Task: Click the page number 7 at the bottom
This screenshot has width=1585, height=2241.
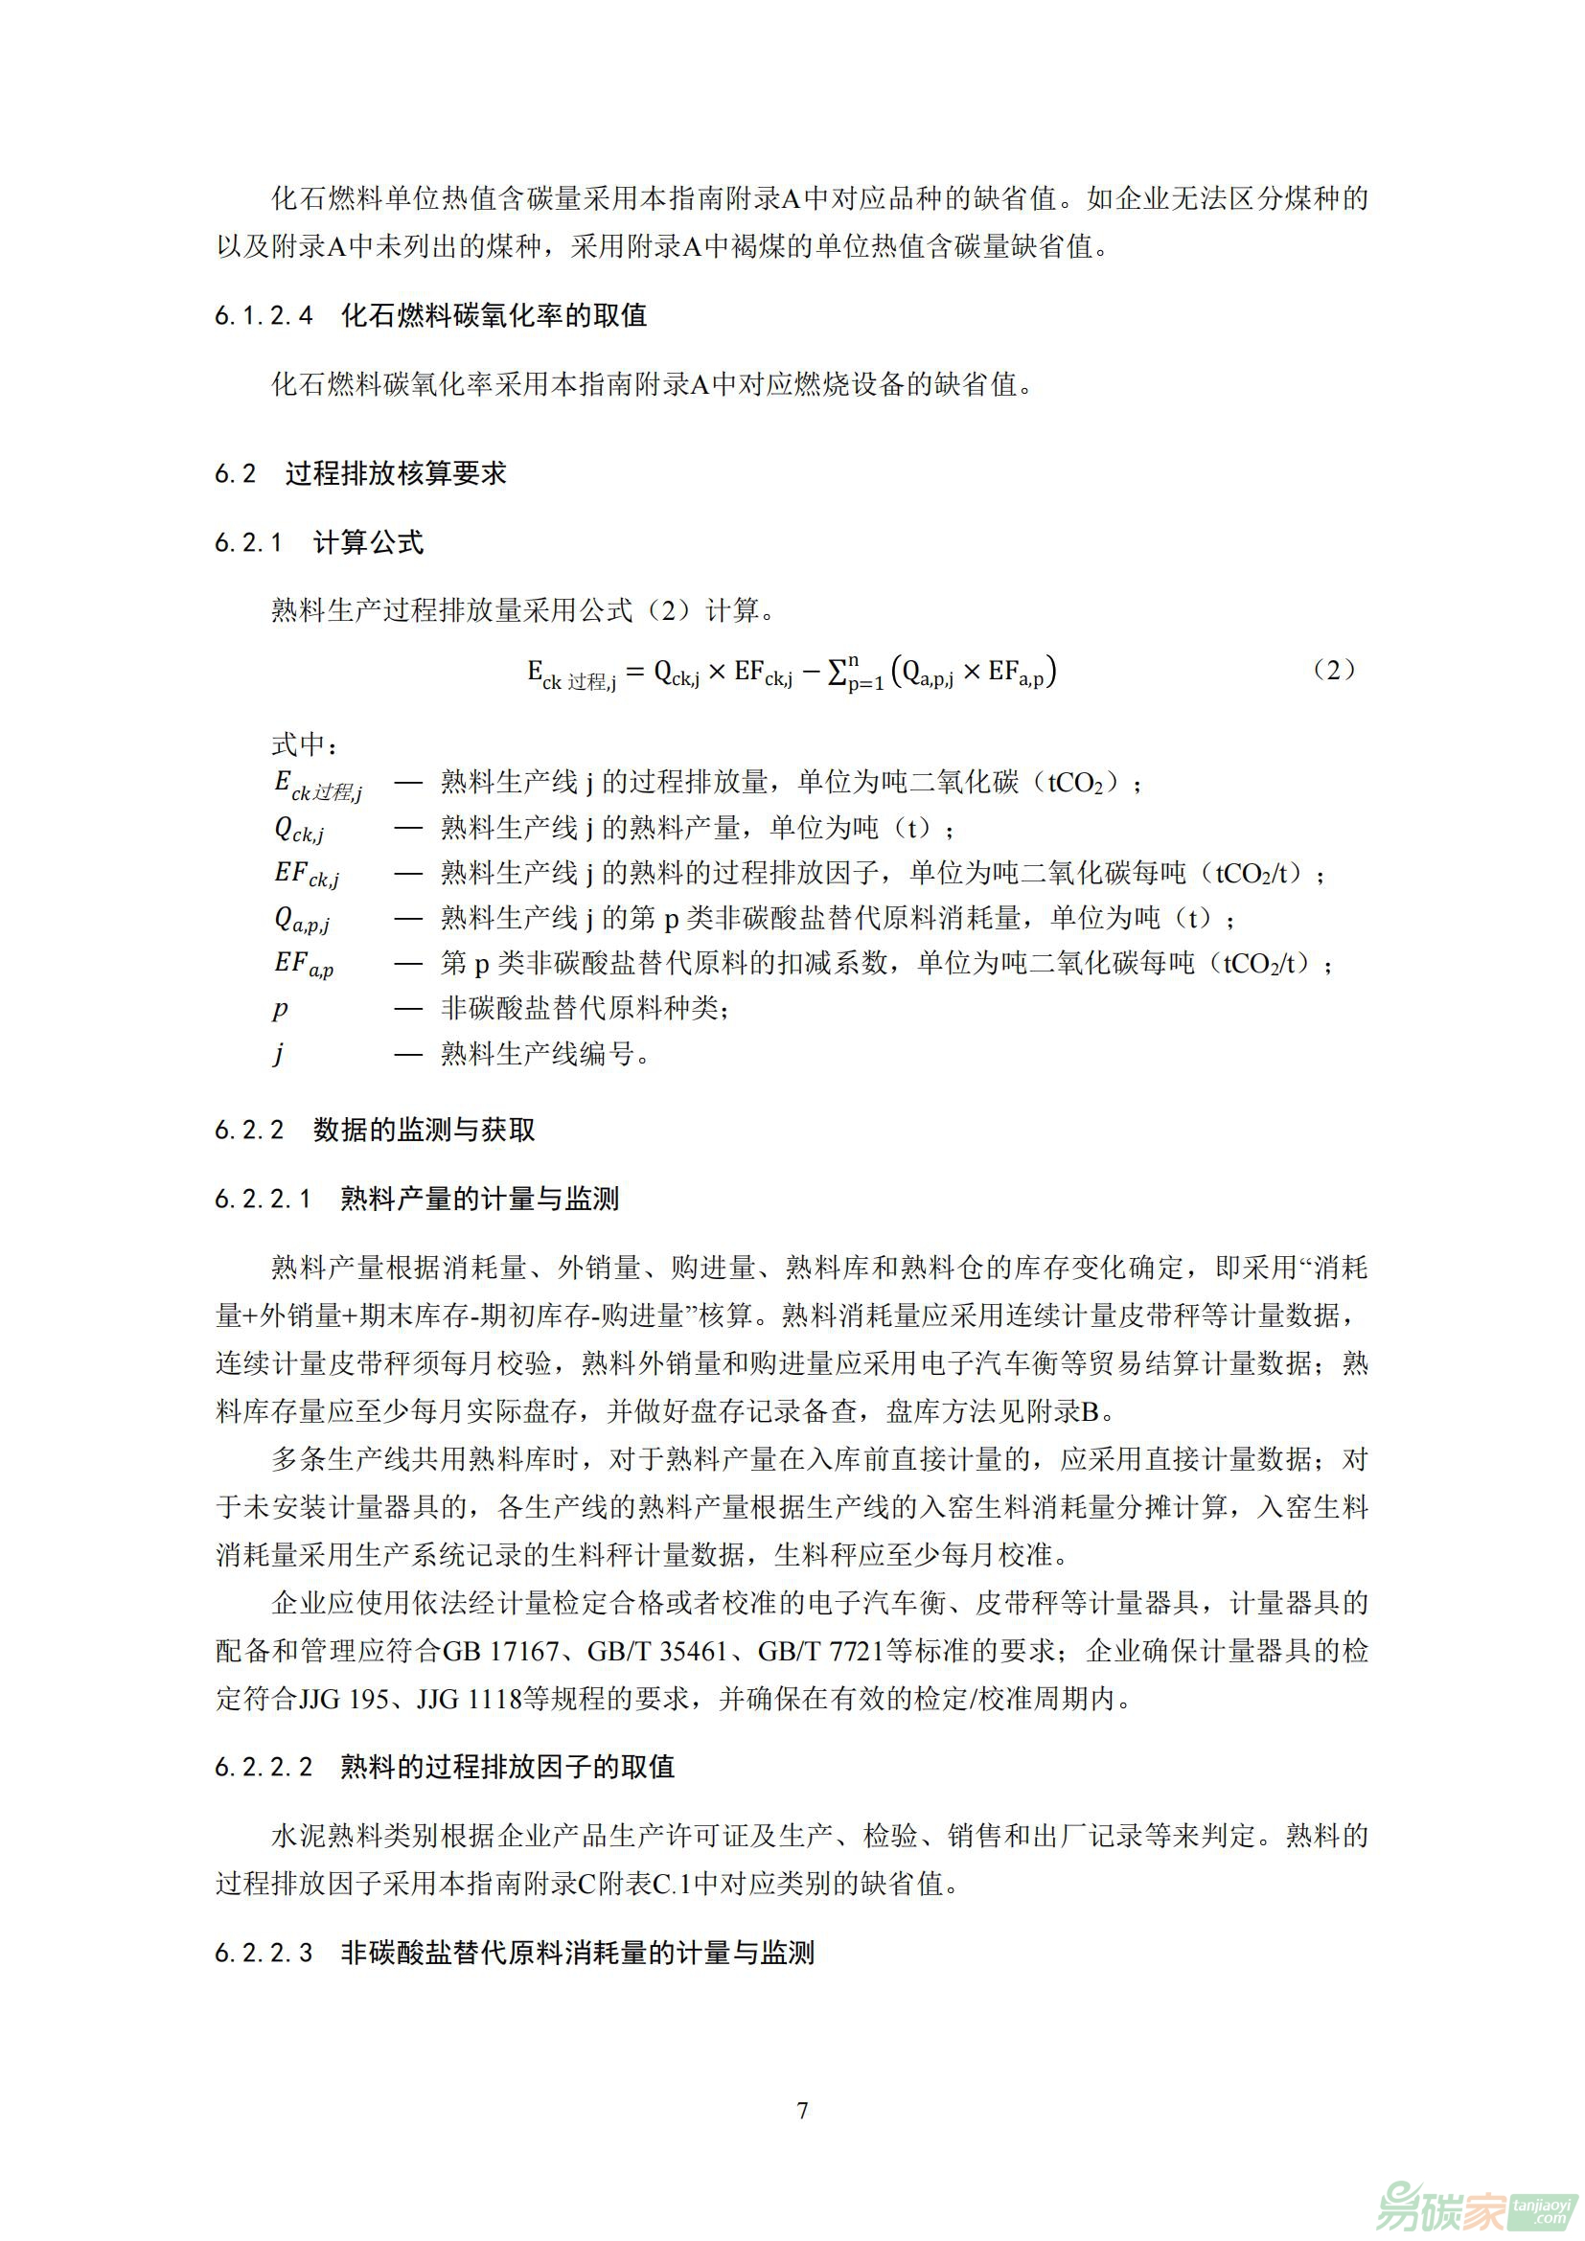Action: [x=802, y=2110]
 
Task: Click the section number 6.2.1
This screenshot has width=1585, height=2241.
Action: [x=249, y=542]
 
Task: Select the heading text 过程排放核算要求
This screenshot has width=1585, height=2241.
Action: [x=397, y=473]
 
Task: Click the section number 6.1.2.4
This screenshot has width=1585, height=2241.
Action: [x=264, y=315]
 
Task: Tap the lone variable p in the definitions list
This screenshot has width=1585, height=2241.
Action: [x=280, y=1008]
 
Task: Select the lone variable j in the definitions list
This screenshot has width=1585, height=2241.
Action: [x=279, y=1054]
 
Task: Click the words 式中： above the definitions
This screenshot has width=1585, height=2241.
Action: [x=306, y=744]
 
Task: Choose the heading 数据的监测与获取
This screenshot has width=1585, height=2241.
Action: [x=424, y=1130]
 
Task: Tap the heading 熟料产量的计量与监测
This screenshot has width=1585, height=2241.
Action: [x=479, y=1199]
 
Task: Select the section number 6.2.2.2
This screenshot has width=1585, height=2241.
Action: [x=264, y=1767]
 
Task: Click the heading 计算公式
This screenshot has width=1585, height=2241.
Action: [x=368, y=542]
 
